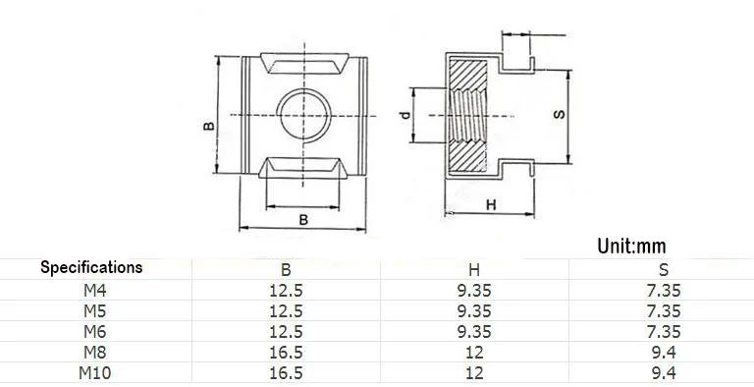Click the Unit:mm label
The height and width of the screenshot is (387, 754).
click(631, 246)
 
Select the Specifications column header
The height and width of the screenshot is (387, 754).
click(91, 267)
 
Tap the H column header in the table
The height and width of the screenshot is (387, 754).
click(474, 269)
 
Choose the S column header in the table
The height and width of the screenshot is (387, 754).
click(664, 269)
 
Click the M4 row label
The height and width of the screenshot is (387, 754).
click(94, 291)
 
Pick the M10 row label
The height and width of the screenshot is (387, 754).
click(94, 372)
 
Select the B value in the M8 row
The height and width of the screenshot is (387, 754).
click(286, 353)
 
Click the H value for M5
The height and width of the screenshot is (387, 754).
click(474, 311)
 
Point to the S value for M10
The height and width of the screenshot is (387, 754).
click(664, 372)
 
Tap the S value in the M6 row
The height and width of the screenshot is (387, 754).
click(664, 332)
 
